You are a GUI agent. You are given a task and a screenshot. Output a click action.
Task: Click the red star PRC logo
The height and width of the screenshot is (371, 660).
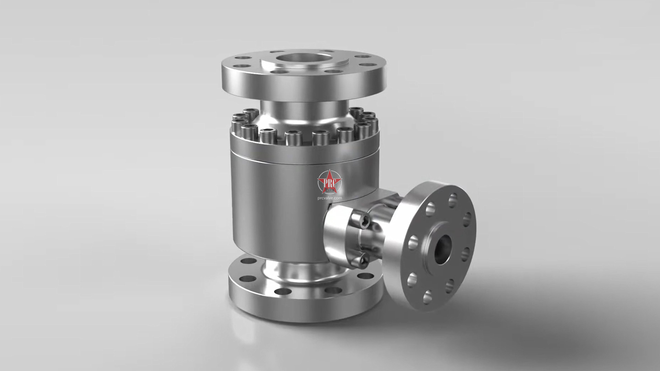329,181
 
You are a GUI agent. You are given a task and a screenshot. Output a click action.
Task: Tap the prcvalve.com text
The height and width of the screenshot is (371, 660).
329,198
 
